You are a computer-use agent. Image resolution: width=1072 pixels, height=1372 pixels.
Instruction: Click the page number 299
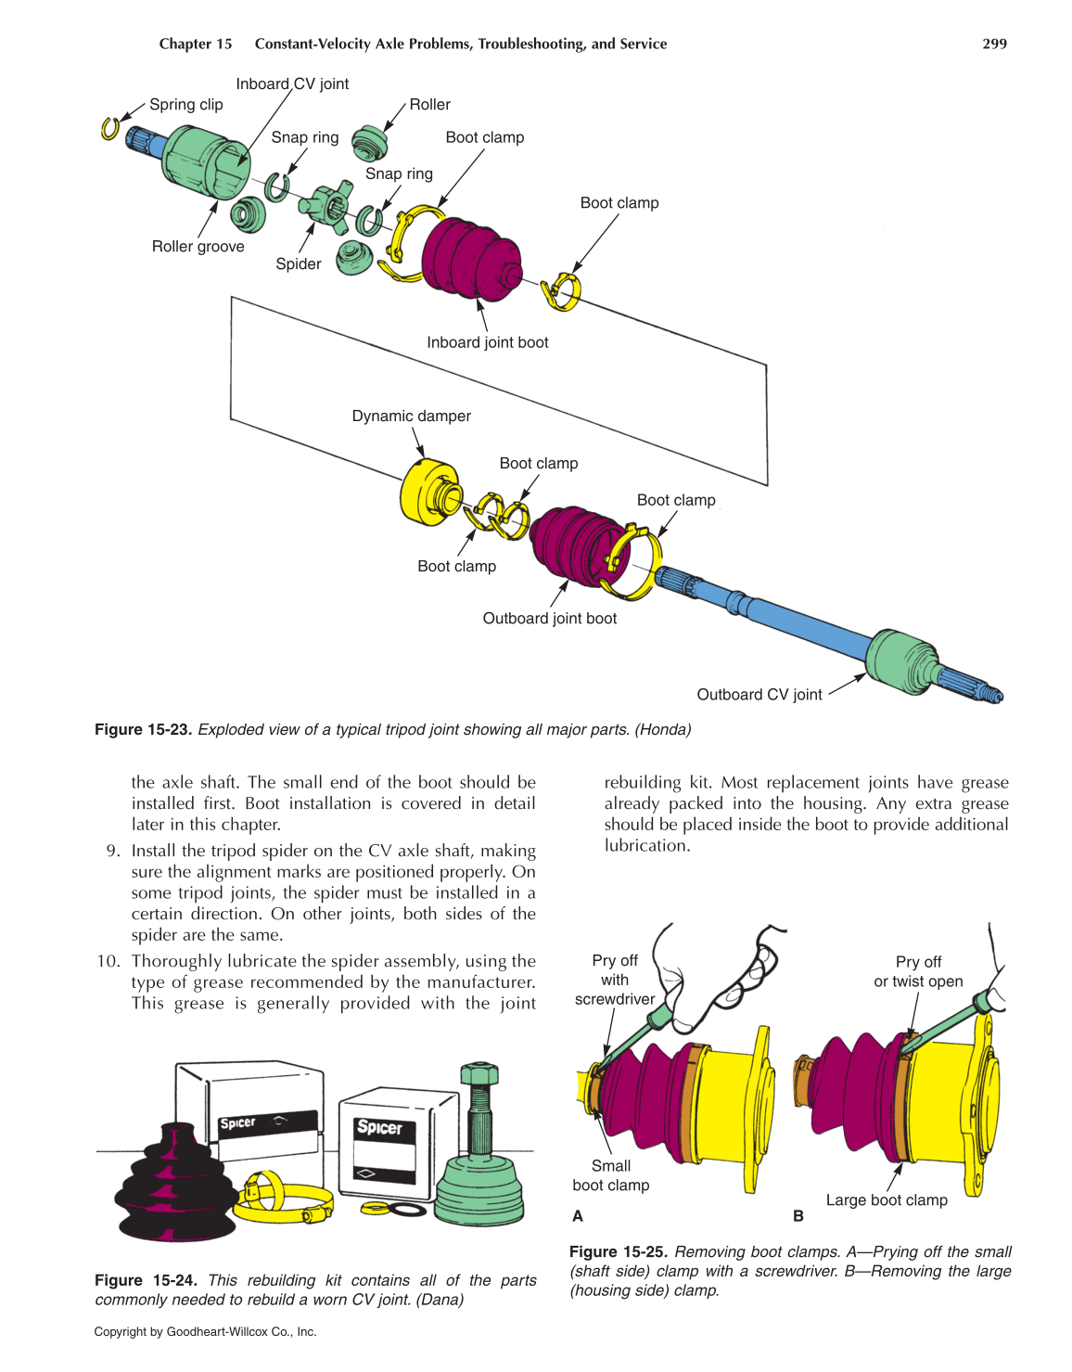994,44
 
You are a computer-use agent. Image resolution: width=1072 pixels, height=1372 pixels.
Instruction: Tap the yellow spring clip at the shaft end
109,128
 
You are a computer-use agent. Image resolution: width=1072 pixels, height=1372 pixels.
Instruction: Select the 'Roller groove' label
198,247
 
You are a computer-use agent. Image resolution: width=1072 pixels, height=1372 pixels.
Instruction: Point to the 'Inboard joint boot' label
487,342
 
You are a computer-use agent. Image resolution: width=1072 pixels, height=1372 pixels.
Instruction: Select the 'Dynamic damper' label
411,417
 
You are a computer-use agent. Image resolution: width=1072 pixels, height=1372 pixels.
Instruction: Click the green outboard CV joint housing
900,660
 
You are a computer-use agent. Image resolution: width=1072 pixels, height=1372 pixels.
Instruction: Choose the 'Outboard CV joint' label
759,695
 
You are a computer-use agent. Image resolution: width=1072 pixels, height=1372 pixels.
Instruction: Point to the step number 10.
108,961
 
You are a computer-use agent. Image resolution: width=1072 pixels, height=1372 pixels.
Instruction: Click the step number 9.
112,851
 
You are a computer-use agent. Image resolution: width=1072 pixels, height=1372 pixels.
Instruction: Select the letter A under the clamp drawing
578,1216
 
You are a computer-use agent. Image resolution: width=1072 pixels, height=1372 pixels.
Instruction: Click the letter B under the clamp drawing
798,1216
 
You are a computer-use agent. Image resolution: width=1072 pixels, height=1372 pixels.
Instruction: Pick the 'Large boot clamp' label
887,1200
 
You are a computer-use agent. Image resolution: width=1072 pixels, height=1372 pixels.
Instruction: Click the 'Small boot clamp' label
611,1175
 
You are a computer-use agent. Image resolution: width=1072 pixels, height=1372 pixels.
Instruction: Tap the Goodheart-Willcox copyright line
205,1332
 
